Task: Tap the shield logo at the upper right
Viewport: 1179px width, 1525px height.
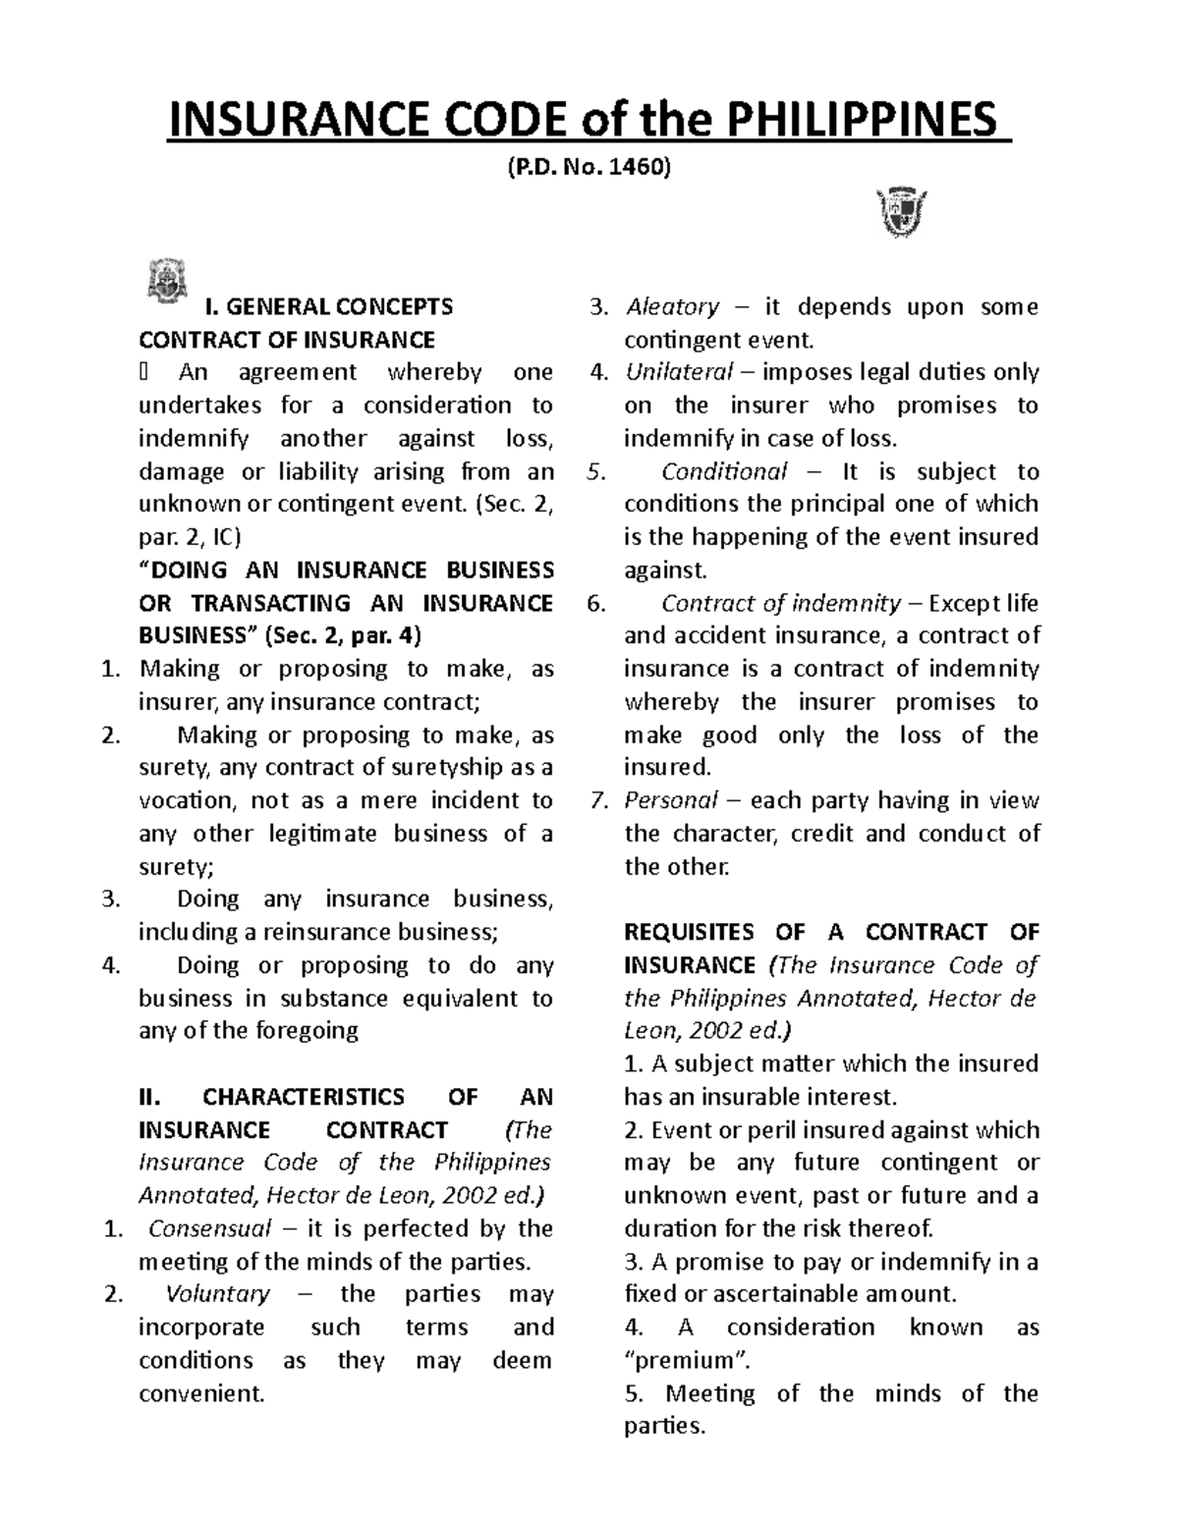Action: click(901, 213)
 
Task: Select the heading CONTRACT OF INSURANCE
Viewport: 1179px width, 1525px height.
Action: click(287, 340)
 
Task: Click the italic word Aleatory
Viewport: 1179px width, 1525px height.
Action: click(673, 307)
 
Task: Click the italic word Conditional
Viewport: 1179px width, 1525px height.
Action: click(724, 471)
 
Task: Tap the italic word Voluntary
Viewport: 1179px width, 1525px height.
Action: click(218, 1294)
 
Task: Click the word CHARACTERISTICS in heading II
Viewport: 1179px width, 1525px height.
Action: click(304, 1097)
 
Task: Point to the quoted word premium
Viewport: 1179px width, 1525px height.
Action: click(683, 1360)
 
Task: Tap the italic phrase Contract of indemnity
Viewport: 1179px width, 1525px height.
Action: click(781, 603)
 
